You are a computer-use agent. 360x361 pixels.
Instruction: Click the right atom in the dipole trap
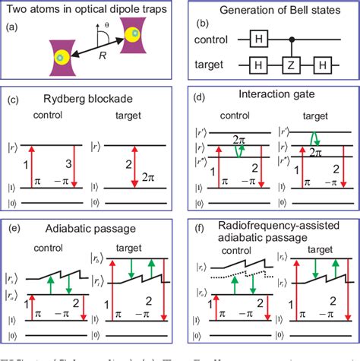click(x=134, y=36)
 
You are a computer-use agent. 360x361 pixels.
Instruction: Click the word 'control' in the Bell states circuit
click(x=213, y=39)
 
